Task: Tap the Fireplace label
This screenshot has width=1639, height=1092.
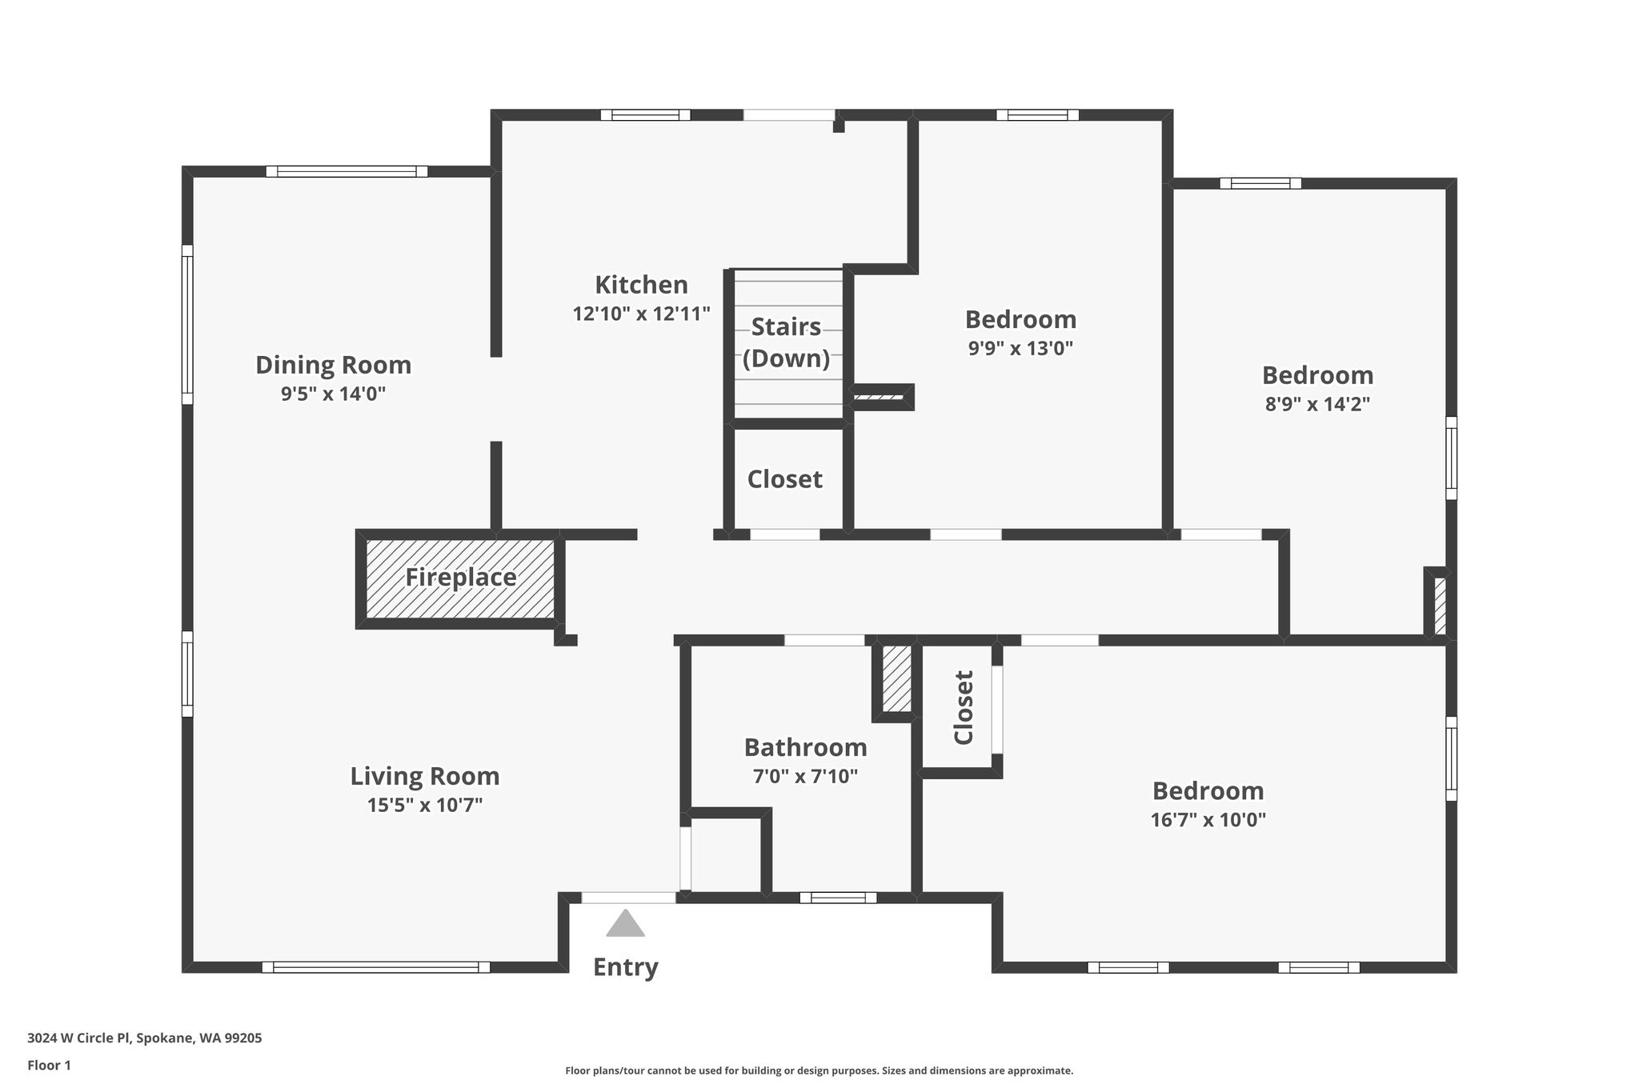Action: [460, 577]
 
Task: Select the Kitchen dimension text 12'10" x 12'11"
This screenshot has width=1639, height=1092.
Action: [641, 314]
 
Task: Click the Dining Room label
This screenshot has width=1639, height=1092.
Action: [333, 365]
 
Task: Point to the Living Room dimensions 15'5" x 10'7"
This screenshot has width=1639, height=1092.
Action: [425, 805]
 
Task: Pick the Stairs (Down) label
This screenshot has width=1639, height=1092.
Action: [786, 342]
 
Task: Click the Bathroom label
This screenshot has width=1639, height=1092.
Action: [805, 747]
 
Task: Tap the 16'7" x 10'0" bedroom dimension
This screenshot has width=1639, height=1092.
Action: [1208, 819]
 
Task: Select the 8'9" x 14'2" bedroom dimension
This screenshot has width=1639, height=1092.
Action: [1317, 404]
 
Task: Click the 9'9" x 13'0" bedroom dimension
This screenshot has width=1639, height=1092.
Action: [1020, 348]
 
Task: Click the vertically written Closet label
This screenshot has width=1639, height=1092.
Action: [964, 708]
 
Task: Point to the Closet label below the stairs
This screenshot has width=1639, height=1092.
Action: [784, 479]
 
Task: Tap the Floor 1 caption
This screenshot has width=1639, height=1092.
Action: [49, 1066]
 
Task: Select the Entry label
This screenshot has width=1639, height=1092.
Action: [626, 968]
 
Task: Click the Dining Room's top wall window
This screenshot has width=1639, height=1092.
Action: [347, 171]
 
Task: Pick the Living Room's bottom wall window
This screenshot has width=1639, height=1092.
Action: [376, 967]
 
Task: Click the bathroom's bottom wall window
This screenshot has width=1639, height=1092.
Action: [838, 898]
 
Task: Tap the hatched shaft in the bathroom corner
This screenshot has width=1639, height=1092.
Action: [896, 678]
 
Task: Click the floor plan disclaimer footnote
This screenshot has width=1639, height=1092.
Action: [819, 1070]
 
